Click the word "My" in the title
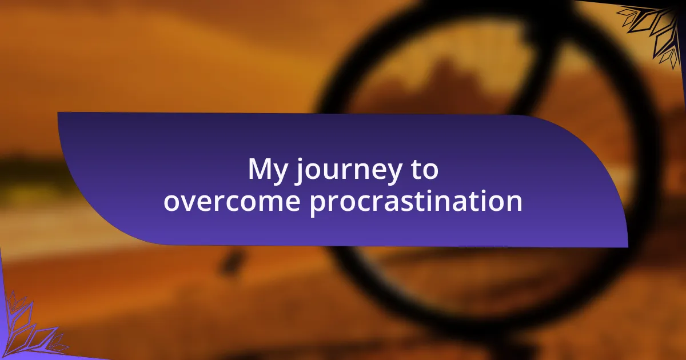(x=268, y=171)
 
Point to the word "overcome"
(x=232, y=201)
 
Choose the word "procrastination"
(x=416, y=202)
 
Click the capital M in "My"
(x=260, y=169)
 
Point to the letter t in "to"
(x=416, y=170)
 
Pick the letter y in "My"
(x=280, y=174)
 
